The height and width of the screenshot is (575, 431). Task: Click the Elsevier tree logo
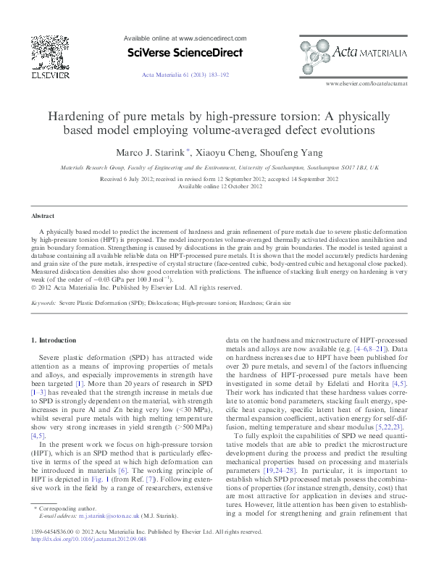[x=50, y=52]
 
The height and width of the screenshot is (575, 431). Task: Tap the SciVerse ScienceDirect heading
[x=185, y=52]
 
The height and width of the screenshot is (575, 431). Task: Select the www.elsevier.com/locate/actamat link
[x=367, y=84]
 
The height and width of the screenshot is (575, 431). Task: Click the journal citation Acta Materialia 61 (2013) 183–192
[x=185, y=75]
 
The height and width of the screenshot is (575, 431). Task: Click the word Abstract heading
[x=43, y=217]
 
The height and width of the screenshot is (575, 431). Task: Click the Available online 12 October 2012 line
[x=215, y=186]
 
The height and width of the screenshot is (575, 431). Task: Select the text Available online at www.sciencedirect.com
[x=185, y=38]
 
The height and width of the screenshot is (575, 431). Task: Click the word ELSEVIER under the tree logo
[x=50, y=74]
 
